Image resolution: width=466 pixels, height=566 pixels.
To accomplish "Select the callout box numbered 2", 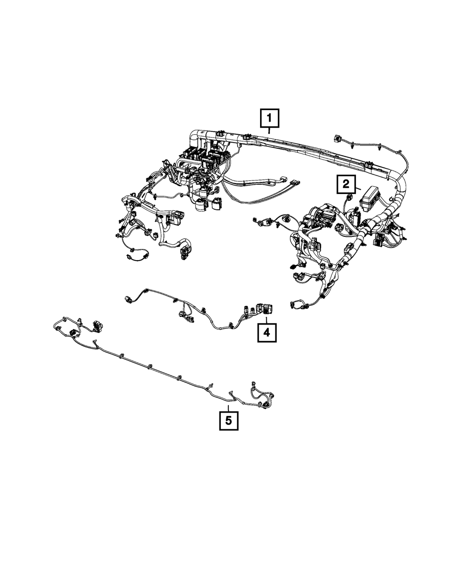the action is point(346,185).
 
